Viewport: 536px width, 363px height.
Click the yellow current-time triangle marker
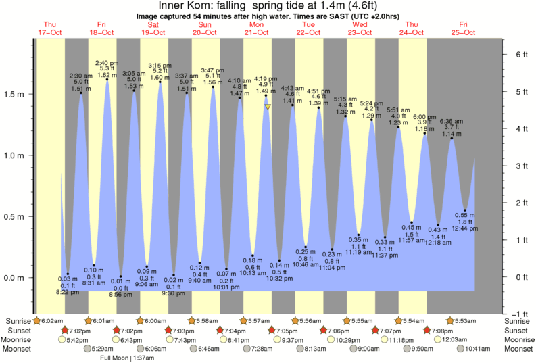tap(268, 107)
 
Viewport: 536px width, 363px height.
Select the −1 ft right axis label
tap(518, 314)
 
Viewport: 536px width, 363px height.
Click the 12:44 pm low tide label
tap(464, 228)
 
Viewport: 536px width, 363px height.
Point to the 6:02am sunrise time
tap(52, 320)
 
